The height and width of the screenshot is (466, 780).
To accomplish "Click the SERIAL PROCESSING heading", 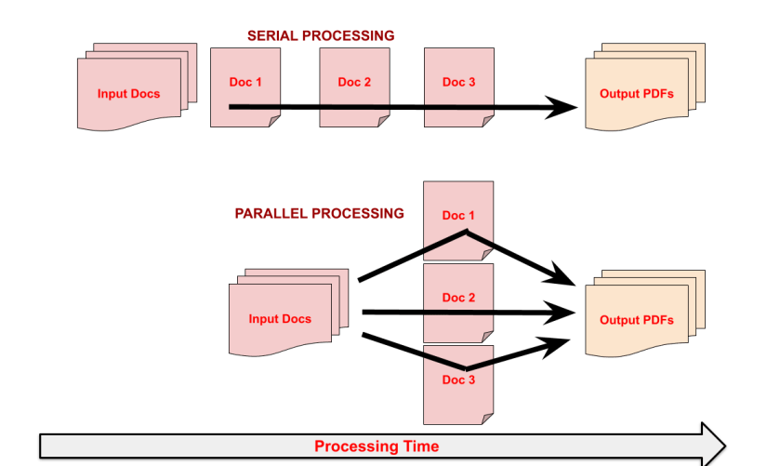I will (321, 35).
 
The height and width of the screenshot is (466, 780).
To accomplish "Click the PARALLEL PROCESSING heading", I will (319, 213).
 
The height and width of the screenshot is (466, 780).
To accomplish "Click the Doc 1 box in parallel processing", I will (458, 216).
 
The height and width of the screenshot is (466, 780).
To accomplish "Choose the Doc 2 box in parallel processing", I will (458, 298).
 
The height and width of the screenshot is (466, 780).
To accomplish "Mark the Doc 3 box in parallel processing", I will (458, 379).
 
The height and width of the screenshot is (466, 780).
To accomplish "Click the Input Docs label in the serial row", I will (128, 93).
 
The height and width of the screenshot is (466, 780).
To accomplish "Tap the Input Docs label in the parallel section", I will (280, 319).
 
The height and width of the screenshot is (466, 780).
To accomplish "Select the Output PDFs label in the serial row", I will (637, 94).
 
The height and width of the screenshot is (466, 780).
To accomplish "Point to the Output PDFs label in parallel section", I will (637, 320).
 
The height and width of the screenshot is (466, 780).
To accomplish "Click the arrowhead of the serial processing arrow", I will (563, 107).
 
